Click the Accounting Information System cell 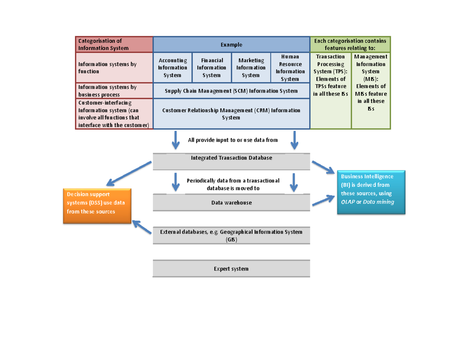172,68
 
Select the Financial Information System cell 212,68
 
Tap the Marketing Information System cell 251,68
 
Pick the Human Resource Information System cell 290,68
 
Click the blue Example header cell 231,45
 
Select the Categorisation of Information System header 114,45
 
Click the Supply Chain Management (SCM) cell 231,91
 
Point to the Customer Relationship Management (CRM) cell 231,113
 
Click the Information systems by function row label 114,68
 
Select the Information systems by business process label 114,91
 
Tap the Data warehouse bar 231,203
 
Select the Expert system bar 231,269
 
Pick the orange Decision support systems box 97,206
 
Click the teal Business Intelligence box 371,192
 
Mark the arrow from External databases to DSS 142,228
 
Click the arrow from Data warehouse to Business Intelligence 323,200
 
